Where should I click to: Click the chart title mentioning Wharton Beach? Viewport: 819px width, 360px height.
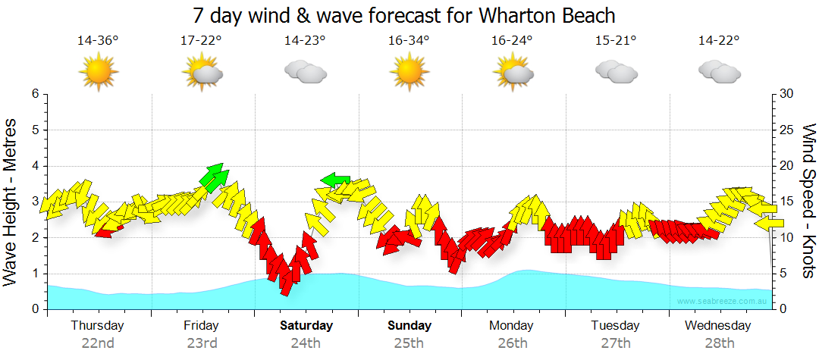click(403, 15)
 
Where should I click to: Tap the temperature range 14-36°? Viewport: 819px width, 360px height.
click(98, 41)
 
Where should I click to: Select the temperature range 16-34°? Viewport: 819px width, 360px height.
click(409, 41)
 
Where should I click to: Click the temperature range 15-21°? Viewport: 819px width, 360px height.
click(615, 41)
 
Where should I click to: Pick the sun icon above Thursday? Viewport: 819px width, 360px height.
click(99, 72)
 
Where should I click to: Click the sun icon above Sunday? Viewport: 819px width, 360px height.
click(409, 72)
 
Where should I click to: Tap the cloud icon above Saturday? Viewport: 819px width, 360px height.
click(305, 72)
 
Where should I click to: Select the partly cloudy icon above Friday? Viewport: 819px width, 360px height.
click(202, 72)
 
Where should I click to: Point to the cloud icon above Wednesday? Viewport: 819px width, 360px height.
click(719, 72)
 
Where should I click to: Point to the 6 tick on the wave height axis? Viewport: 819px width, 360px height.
click(34, 94)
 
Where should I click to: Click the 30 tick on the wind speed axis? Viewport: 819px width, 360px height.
click(786, 94)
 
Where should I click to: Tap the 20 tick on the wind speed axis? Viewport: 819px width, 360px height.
click(786, 166)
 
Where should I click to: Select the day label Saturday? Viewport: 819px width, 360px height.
click(306, 326)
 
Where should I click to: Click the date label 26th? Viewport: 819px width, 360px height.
click(513, 343)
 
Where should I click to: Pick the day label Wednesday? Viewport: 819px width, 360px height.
click(717, 326)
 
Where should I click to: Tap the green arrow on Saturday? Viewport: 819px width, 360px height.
click(334, 180)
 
